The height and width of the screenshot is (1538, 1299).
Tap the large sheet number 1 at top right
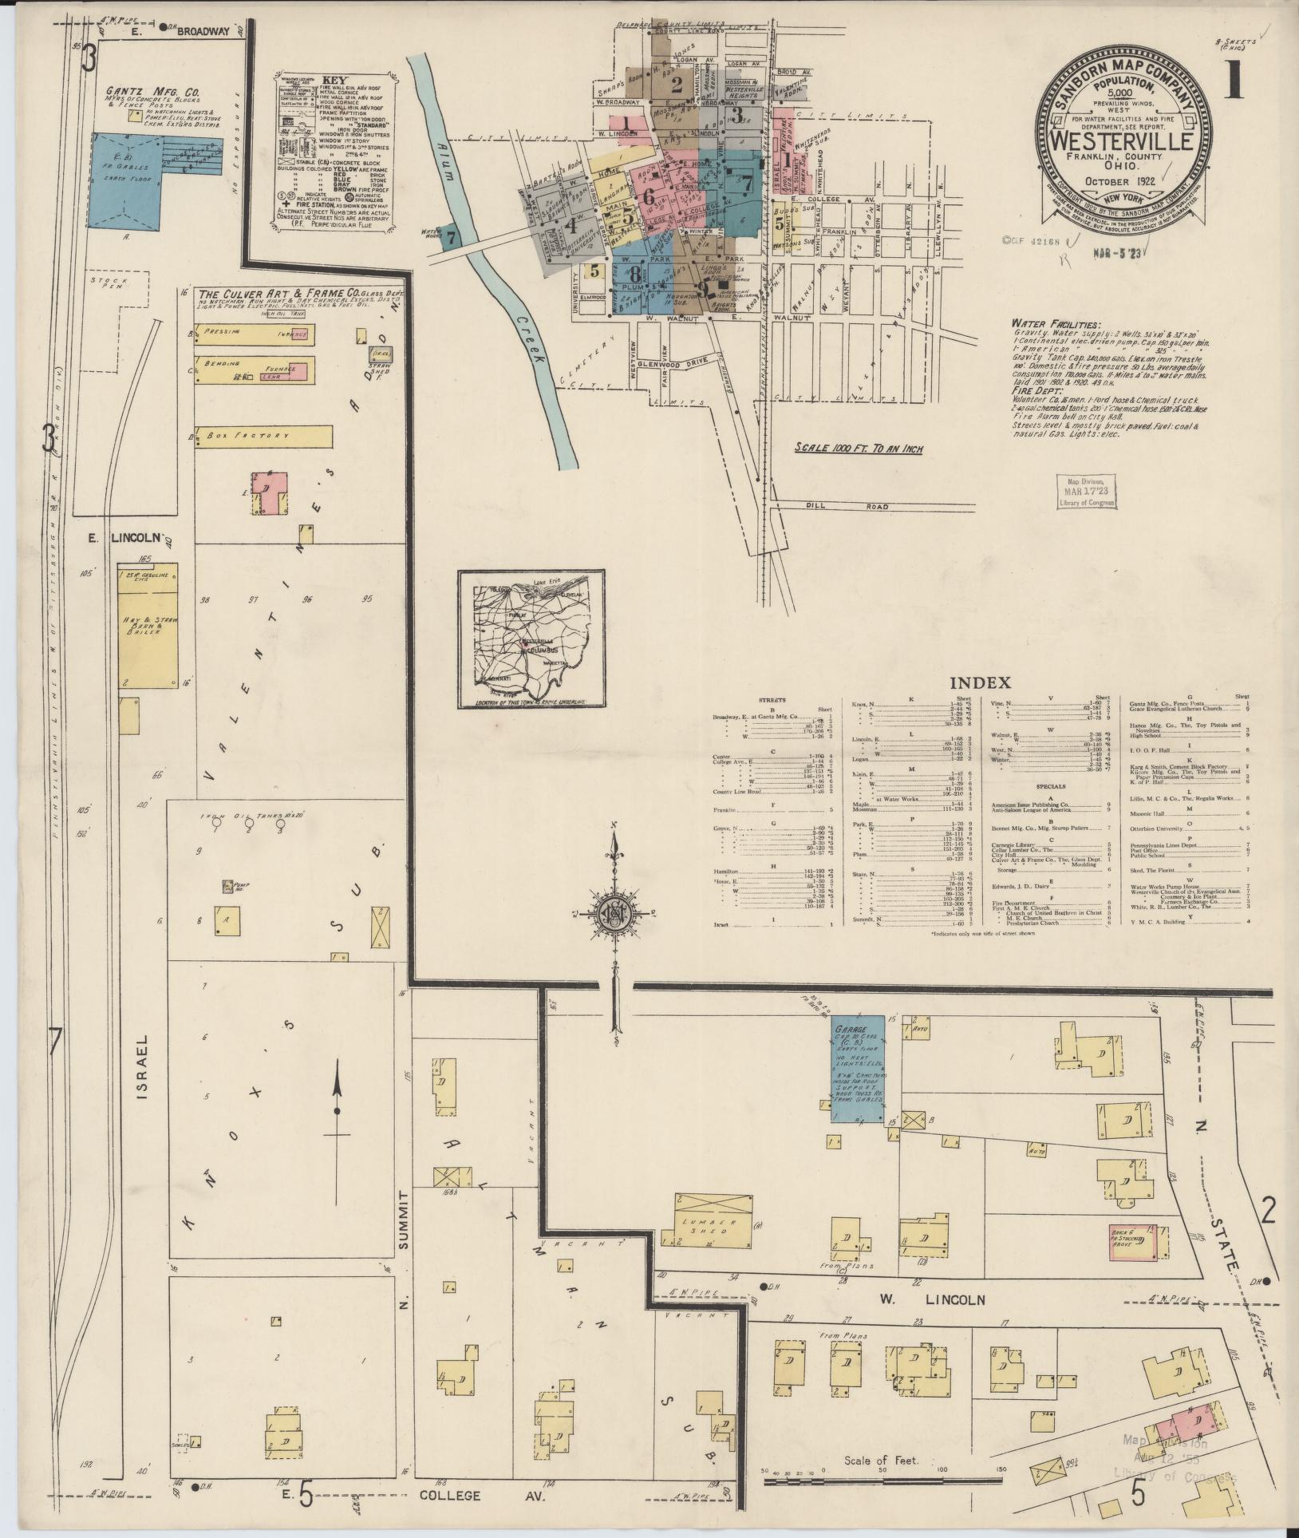coord(1234,82)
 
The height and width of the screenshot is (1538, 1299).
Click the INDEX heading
coord(980,683)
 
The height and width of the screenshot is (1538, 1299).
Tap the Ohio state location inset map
coord(531,639)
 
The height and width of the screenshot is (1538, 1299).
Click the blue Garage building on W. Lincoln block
coord(858,1069)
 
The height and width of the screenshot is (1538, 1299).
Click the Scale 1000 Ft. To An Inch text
coord(858,449)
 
